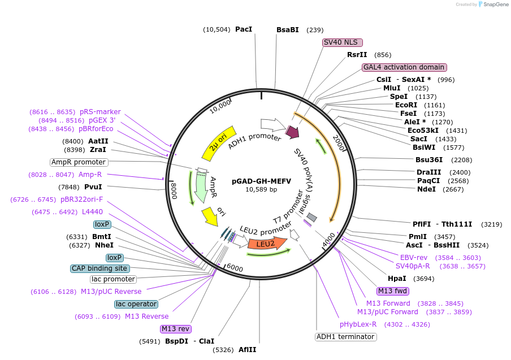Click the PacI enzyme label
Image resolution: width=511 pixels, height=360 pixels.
(244, 29)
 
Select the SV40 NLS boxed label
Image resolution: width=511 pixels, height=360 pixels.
(343, 42)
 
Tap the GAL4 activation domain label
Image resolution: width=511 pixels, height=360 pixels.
(404, 67)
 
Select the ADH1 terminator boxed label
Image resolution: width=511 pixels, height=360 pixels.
(345, 337)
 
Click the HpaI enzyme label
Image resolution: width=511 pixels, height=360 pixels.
(397, 279)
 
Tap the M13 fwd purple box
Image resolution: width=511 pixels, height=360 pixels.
(393, 291)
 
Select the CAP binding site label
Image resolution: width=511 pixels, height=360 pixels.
(99, 268)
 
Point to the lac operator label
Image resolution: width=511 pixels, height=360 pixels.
(136, 304)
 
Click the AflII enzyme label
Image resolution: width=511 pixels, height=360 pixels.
(247, 350)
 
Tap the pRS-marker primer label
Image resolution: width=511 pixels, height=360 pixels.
(100, 112)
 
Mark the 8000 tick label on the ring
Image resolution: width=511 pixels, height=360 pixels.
(174, 187)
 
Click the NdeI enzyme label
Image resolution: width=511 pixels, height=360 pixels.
(426, 189)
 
